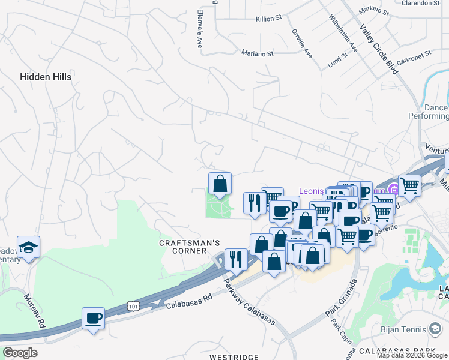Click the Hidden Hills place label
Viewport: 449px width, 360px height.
[46, 77]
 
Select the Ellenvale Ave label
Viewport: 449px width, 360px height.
[199, 28]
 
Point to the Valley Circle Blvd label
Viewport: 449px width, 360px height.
[379, 50]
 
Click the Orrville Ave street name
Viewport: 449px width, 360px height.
[302, 43]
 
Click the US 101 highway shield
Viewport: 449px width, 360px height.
[132, 307]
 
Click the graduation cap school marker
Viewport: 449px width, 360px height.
[28, 247]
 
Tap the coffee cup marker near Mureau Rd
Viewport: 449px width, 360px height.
[93, 319]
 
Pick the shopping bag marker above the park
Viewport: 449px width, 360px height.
[220, 184]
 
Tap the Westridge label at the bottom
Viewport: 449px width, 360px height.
[234, 357]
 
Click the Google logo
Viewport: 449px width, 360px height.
[20, 353]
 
